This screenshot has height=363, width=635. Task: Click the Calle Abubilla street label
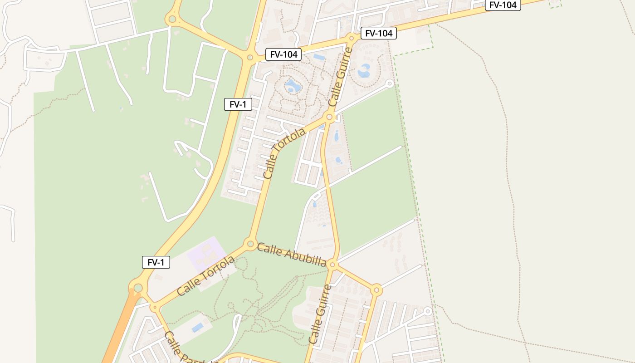pyautogui.click(x=292, y=255)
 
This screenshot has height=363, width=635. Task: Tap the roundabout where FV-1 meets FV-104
pyautogui.click(x=249, y=58)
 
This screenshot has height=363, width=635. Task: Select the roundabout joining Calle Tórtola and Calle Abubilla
pyautogui.click(x=250, y=244)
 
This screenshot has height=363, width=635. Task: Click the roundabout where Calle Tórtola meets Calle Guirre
pyautogui.click(x=330, y=117)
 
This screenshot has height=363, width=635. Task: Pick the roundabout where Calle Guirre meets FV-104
pyautogui.click(x=351, y=38)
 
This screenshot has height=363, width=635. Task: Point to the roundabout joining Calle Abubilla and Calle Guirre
pyautogui.click(x=332, y=265)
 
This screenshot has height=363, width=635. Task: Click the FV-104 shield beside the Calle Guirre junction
pyautogui.click(x=378, y=33)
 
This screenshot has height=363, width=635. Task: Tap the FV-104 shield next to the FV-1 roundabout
pyautogui.click(x=283, y=54)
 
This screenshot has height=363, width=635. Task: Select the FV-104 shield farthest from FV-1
pyautogui.click(x=503, y=5)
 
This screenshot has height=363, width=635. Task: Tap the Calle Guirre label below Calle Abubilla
pyautogui.click(x=320, y=314)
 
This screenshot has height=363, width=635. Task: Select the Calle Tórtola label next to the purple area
pyautogui.click(x=206, y=276)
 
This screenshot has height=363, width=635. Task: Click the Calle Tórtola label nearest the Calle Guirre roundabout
pyautogui.click(x=284, y=153)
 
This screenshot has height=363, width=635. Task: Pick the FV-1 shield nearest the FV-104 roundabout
pyautogui.click(x=238, y=104)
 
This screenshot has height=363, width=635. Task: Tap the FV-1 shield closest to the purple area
pyautogui.click(x=156, y=262)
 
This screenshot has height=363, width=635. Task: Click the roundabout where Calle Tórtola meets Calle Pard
pyautogui.click(x=155, y=308)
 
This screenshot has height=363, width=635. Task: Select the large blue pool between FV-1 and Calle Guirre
pyautogui.click(x=293, y=86)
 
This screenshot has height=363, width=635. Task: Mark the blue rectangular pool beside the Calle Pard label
pyautogui.click(x=198, y=327)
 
